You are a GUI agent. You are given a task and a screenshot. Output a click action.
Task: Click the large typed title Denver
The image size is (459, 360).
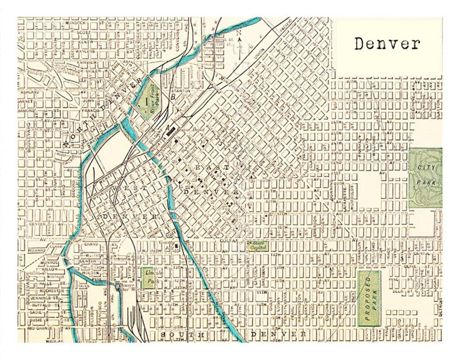coord(387,43)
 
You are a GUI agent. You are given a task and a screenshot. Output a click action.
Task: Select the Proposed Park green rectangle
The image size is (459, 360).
coord(369,298)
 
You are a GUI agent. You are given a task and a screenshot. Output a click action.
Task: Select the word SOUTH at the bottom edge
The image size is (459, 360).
coord(183,335)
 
